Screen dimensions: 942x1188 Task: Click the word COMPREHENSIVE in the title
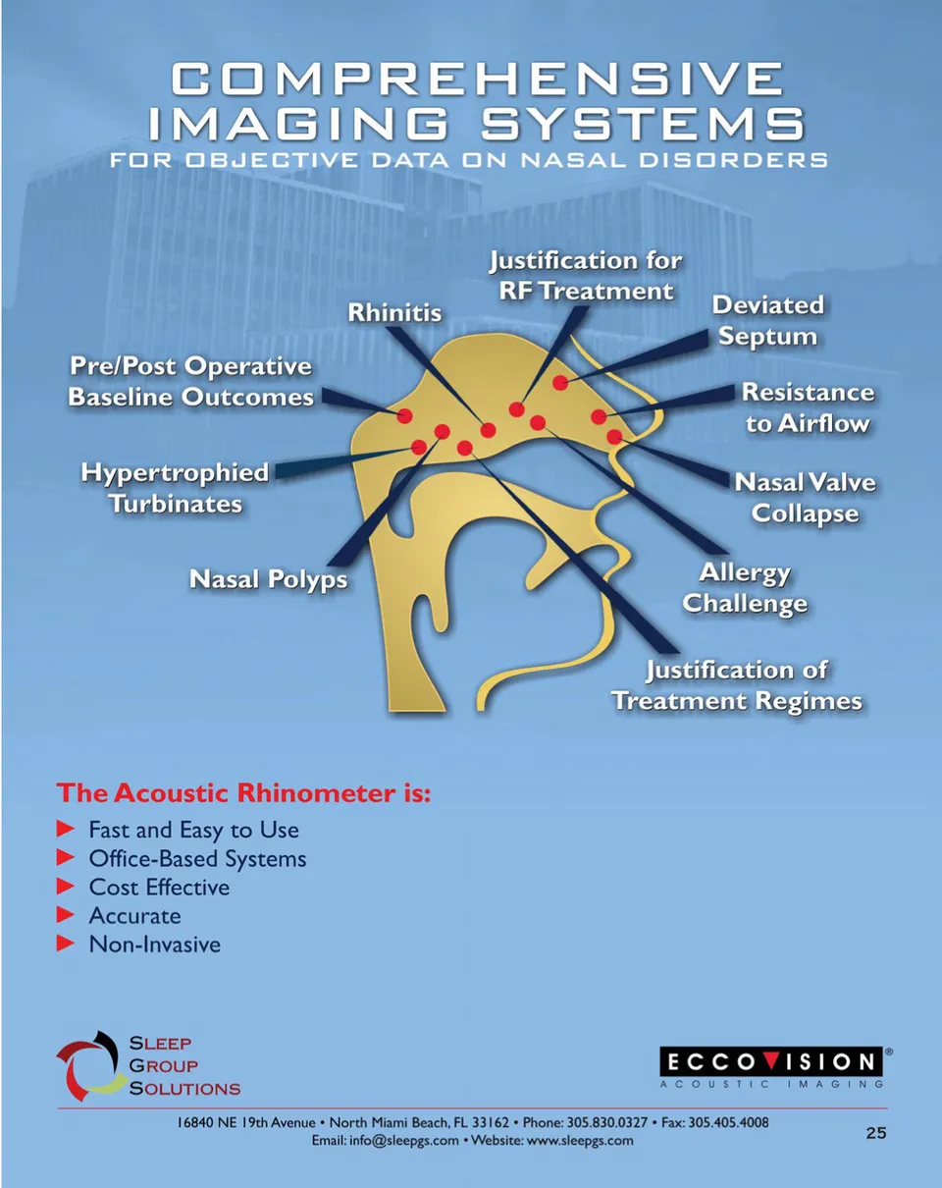[x=477, y=78]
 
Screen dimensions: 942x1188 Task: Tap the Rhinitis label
[x=395, y=313]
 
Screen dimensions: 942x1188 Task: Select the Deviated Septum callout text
[x=768, y=321]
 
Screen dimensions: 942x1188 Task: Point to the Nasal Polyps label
[x=268, y=579]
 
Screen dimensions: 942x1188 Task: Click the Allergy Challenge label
[x=745, y=588]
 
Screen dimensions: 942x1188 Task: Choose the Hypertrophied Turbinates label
[x=176, y=489]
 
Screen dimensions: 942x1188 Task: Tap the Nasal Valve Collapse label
[x=806, y=499]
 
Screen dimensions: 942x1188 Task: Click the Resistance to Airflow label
[x=809, y=408]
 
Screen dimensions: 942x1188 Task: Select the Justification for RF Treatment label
[x=586, y=276]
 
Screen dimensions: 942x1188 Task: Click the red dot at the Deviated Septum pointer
[x=560, y=382]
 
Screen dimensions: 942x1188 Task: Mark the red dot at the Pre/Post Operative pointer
[x=404, y=415]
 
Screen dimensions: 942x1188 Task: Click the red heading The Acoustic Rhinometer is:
[x=243, y=793]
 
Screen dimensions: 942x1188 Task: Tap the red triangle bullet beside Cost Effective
[x=65, y=887]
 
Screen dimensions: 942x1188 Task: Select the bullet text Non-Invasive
[x=155, y=945]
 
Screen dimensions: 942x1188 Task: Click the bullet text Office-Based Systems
[x=197, y=859]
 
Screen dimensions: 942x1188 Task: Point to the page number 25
[x=876, y=1133]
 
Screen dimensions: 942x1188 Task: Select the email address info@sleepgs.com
[x=404, y=1141]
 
